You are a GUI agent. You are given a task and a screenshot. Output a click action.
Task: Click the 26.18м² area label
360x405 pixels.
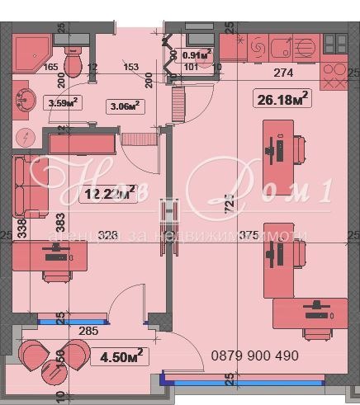[282, 99]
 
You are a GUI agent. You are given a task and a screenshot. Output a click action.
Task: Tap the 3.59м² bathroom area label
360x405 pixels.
[64, 103]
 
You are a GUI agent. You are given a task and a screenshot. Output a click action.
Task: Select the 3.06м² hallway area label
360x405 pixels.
[123, 105]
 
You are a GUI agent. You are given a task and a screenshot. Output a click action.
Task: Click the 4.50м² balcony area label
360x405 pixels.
[123, 356]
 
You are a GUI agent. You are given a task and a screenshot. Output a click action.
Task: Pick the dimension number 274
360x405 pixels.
[283, 72]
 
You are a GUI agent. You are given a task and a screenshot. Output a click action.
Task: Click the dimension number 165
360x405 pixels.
[50, 68]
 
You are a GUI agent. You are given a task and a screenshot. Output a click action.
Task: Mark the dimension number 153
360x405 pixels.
[130, 68]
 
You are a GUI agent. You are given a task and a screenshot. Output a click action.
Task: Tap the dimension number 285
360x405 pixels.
[88, 332]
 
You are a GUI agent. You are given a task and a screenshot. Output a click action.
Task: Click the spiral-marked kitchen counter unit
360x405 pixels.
[255, 49]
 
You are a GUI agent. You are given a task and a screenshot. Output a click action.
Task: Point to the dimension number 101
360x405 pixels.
[191, 68]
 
